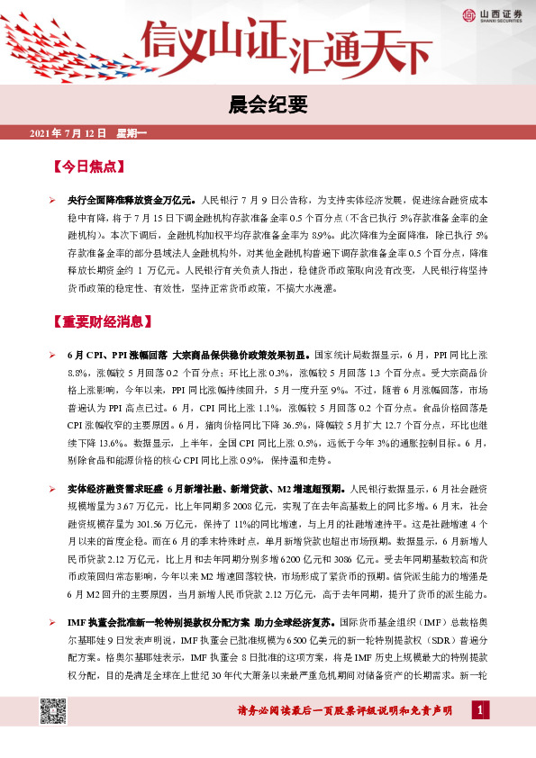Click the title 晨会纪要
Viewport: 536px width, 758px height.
(x=268, y=104)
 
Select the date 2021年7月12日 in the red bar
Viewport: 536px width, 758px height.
(x=68, y=133)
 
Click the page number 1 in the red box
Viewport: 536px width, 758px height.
(x=480, y=712)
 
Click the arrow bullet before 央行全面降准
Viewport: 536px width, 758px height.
(x=53, y=196)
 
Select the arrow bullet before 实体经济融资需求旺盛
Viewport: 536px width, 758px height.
(x=53, y=489)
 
